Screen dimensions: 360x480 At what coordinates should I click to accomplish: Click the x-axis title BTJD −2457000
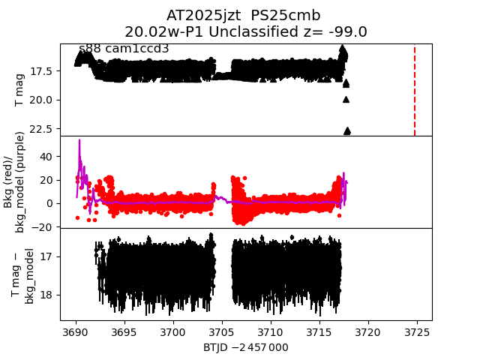[246, 347]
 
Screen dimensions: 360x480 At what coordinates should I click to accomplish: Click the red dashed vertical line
[415, 90]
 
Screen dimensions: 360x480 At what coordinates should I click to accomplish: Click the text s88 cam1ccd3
[124, 49]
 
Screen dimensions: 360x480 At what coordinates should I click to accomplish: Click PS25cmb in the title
[296, 16]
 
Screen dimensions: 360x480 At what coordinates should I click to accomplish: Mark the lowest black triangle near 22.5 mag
[347, 131]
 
